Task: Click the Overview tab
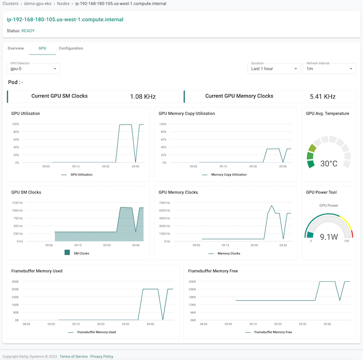16,48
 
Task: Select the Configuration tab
71,48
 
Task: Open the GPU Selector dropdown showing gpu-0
34,68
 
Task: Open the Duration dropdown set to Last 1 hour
274,68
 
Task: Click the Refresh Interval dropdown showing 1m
329,68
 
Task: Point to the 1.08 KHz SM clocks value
143,96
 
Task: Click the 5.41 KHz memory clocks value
323,96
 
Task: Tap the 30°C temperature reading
328,163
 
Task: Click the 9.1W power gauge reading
329,237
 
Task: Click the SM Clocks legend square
67,253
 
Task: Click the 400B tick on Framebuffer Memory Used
15,282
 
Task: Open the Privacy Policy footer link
102,356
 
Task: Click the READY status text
29,31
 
